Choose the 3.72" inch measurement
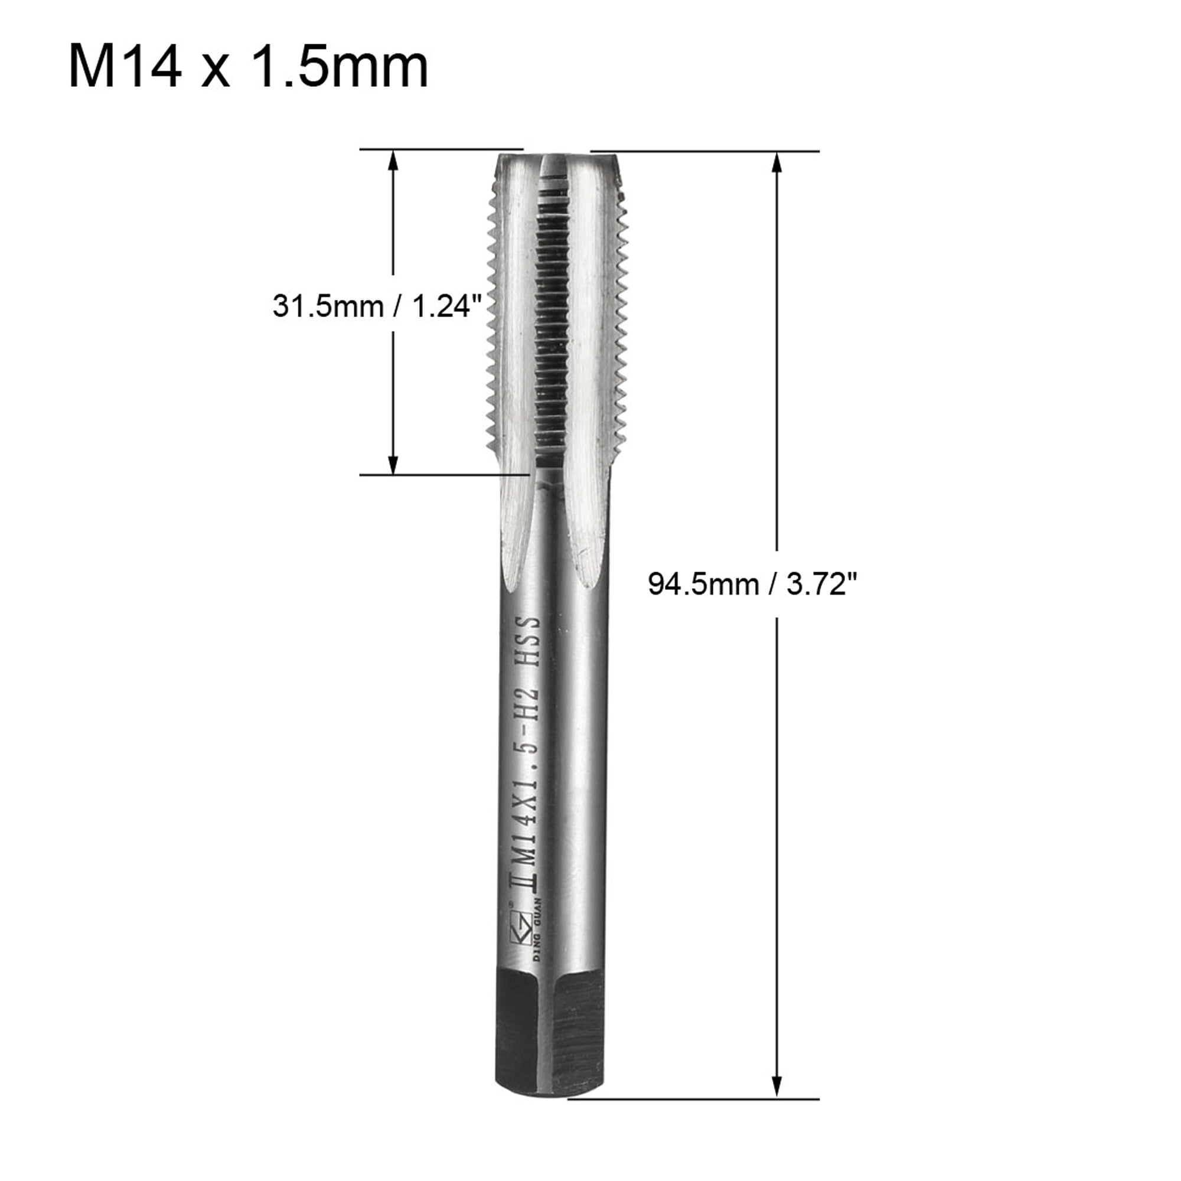822,585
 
